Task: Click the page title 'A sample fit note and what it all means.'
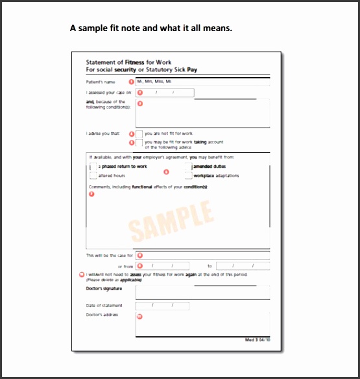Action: coord(150,28)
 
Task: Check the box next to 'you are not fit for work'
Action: coord(139,133)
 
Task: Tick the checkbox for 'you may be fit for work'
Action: coord(139,143)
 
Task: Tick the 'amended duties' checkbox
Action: coord(188,167)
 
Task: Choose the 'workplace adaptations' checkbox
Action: coord(188,176)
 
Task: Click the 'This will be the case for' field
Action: coord(202,255)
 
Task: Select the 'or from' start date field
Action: coord(162,266)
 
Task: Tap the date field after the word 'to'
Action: coord(243,266)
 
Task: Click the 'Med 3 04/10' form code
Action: coord(256,339)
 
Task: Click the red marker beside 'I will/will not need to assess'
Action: coord(80,274)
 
